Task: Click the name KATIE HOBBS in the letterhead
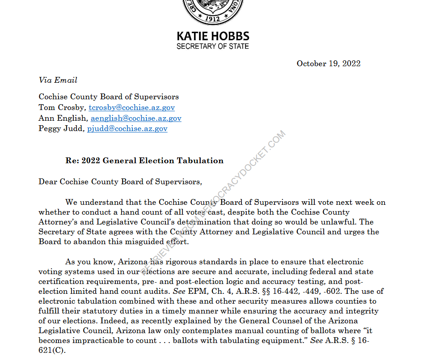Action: point(213,36)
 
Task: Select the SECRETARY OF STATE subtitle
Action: point(213,47)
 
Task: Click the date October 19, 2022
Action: point(329,64)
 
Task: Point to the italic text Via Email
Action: point(58,80)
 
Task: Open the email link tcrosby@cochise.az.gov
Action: point(131,108)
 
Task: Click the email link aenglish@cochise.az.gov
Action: point(136,119)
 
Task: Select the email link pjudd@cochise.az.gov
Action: point(127,129)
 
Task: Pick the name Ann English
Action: point(63,119)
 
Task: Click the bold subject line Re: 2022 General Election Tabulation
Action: point(144,161)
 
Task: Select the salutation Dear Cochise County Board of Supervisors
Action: point(120,182)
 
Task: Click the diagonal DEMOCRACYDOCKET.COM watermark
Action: point(215,201)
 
